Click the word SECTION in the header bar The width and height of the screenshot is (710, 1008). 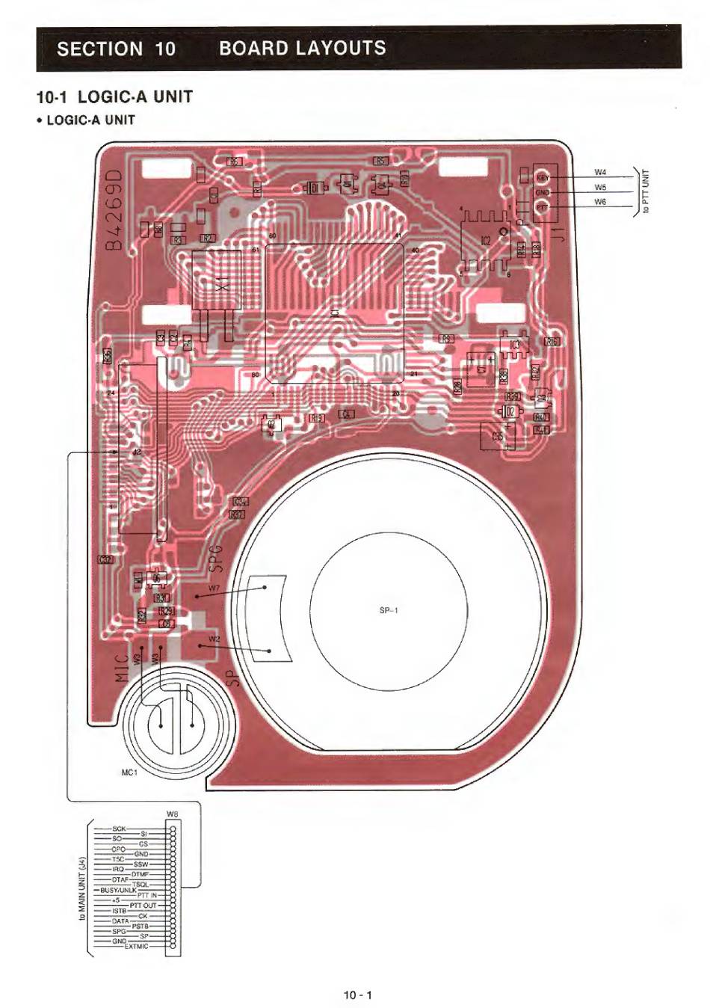click(x=99, y=49)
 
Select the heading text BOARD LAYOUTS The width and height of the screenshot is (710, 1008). click(x=303, y=49)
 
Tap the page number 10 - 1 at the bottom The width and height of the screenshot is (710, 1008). click(x=357, y=995)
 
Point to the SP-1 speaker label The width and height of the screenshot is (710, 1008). click(x=389, y=610)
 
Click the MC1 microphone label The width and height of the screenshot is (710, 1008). click(x=129, y=772)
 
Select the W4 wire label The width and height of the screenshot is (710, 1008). click(x=600, y=173)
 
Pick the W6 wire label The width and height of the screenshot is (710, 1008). click(x=600, y=202)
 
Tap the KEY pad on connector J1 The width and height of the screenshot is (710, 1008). click(x=543, y=177)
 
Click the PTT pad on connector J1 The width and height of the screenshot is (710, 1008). click(x=543, y=206)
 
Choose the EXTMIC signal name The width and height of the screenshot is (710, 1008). click(x=136, y=947)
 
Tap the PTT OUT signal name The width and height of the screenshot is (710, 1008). click(x=143, y=906)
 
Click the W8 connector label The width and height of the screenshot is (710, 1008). click(x=173, y=814)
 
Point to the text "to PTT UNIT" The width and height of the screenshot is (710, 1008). click(x=646, y=191)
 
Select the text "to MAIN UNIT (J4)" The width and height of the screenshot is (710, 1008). click(x=84, y=888)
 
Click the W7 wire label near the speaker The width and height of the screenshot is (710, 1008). click(x=214, y=588)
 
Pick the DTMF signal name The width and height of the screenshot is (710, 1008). click(x=141, y=873)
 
